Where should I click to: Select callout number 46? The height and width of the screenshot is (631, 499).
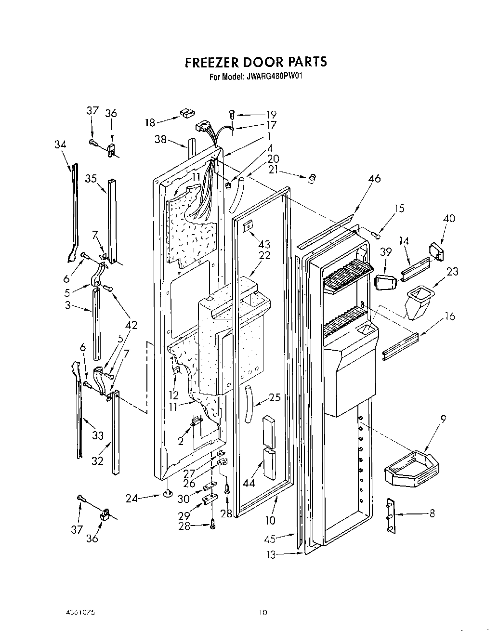coord(374,179)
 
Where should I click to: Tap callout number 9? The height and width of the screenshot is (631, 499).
coord(443,419)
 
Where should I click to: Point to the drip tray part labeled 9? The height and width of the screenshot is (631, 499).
coord(412,467)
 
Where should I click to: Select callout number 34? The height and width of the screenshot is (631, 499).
coord(60,145)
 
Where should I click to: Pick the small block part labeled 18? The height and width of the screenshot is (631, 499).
coord(186,114)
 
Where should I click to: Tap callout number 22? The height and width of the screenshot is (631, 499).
coord(264,255)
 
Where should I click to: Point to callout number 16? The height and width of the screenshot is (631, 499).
coord(449,316)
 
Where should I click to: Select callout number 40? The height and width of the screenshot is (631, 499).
coord(449,218)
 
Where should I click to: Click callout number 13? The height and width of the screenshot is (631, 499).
coord(271,555)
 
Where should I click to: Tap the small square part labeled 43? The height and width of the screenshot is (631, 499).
coord(249,224)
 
